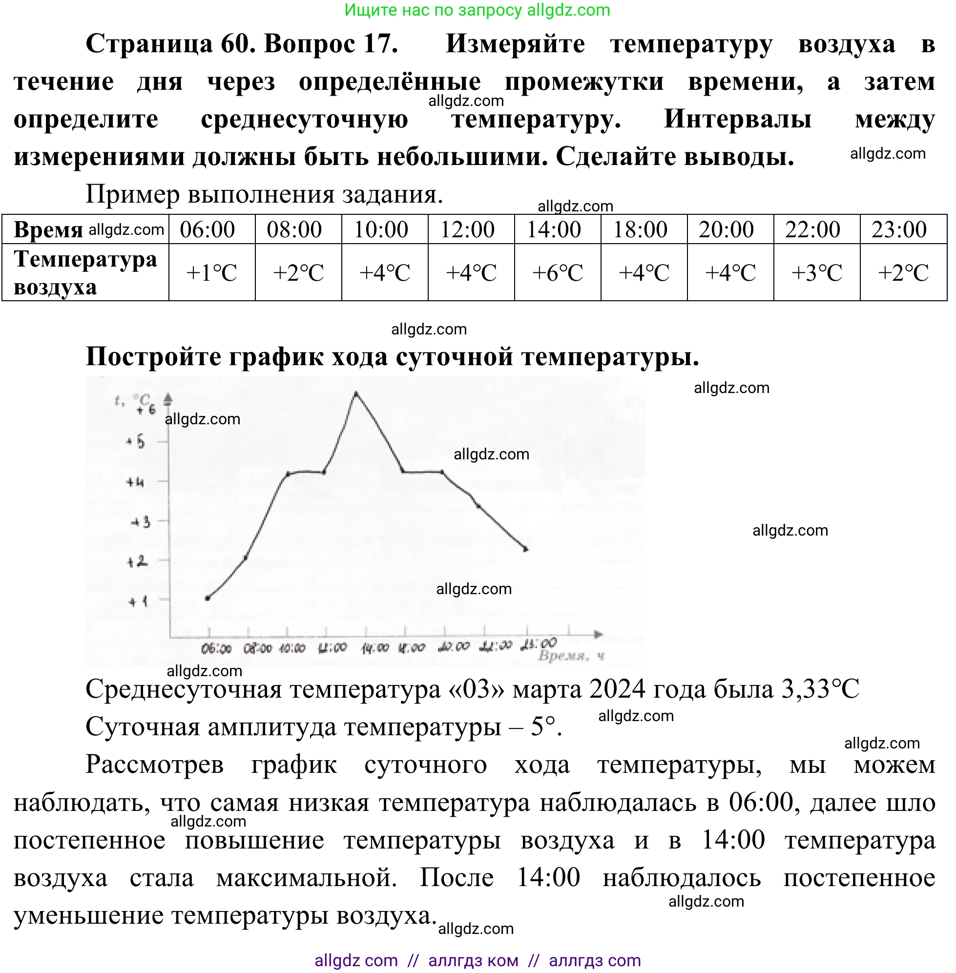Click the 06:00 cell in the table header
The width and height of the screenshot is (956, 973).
pyautogui.click(x=208, y=230)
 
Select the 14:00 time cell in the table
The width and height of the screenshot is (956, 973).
pyautogui.click(x=554, y=230)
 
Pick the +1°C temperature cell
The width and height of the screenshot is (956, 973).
pyautogui.click(x=211, y=273)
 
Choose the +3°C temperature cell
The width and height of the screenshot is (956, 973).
pyautogui.click(x=816, y=273)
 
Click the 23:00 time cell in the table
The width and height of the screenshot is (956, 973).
pyautogui.click(x=899, y=230)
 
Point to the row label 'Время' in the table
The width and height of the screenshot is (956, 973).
pyautogui.click(x=48, y=230)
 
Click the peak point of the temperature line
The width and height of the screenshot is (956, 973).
pyautogui.click(x=356, y=393)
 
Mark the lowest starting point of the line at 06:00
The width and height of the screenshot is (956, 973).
pyautogui.click(x=208, y=598)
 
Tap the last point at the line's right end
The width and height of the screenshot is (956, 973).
pyautogui.click(x=526, y=549)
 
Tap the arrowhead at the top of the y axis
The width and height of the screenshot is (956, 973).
pyautogui.click(x=168, y=400)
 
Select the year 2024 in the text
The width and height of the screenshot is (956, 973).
pyautogui.click(x=617, y=690)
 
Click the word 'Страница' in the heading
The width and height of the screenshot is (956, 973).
pyautogui.click(x=149, y=43)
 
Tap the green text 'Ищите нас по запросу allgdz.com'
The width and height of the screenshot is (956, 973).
pyautogui.click(x=477, y=10)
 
